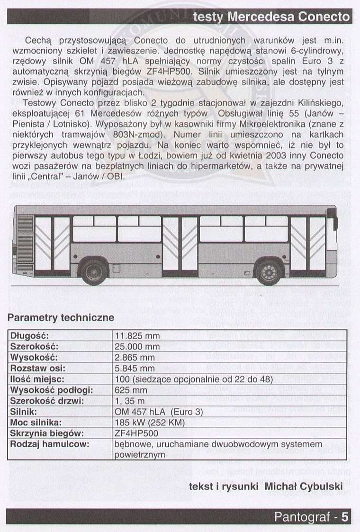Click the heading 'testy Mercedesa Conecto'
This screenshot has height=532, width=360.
pyautogui.click(x=271, y=17)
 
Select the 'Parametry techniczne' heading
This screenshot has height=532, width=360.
pyautogui.click(x=61, y=317)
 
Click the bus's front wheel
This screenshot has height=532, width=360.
pyautogui.click(x=269, y=272)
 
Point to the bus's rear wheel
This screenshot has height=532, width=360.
pyautogui.click(x=94, y=272)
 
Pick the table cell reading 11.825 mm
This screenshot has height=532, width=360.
pyautogui.click(x=137, y=336)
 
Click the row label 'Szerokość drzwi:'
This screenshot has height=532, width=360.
pyautogui.click(x=47, y=401)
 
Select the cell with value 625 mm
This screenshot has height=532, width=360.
pyautogui.click(x=131, y=390)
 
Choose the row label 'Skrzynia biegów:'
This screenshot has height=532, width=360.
pyautogui.click(x=47, y=433)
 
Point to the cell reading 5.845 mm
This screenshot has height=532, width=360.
pyautogui.click(x=135, y=369)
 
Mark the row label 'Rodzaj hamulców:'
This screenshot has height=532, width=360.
pyautogui.click(x=49, y=444)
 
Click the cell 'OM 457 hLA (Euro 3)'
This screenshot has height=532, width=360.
pyautogui.click(x=159, y=412)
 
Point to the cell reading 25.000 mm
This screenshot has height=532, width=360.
pyautogui.click(x=137, y=347)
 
